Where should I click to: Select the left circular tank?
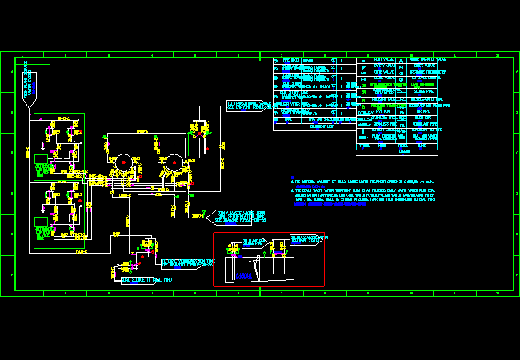[x=123, y=162]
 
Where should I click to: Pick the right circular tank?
[x=173, y=162]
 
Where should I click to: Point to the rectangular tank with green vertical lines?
[x=196, y=146]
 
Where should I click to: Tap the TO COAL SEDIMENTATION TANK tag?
[x=187, y=262]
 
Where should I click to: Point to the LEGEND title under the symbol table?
[x=404, y=151]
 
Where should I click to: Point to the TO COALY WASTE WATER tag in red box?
[x=254, y=241]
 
